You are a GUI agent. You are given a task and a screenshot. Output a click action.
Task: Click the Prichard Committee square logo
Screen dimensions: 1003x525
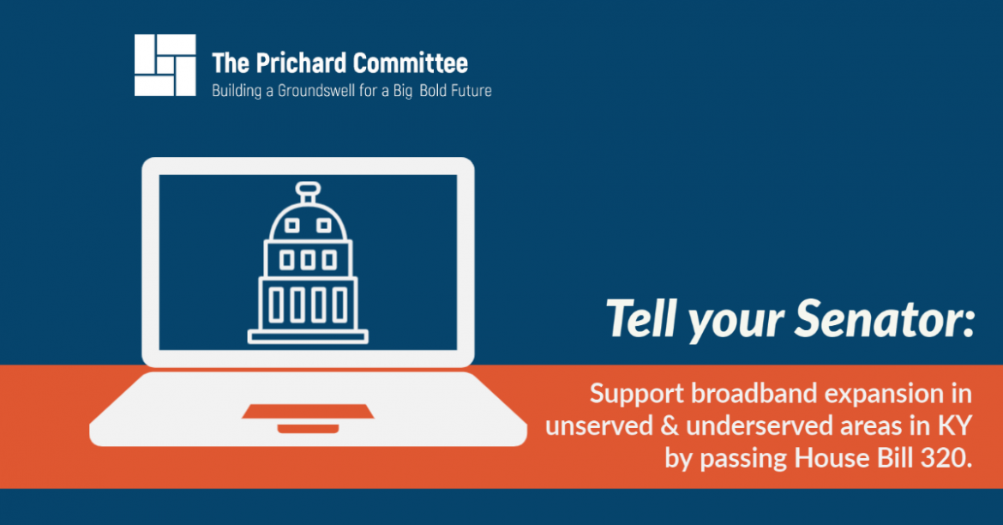coord(165,65)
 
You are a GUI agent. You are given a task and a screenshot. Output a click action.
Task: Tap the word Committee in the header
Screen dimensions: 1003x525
coord(410,63)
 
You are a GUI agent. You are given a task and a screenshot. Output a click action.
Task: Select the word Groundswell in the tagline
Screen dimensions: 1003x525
coord(316,91)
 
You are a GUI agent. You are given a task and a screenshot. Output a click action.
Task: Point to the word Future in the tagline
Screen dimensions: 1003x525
coord(471,91)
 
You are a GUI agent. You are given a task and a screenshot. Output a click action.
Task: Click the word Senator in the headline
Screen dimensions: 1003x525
coord(885,319)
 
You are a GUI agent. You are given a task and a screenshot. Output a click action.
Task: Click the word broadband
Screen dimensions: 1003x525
coord(754,393)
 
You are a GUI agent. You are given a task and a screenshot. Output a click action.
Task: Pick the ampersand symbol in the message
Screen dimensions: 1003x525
coord(669,426)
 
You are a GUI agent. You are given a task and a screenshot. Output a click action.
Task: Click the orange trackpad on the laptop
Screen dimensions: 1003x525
coord(308,411)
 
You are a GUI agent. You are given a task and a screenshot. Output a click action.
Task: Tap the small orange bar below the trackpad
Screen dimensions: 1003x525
coord(308,428)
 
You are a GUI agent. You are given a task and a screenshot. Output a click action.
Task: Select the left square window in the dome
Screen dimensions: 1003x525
coord(291,226)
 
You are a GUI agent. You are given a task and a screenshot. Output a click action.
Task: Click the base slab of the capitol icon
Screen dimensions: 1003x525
coord(308,336)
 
